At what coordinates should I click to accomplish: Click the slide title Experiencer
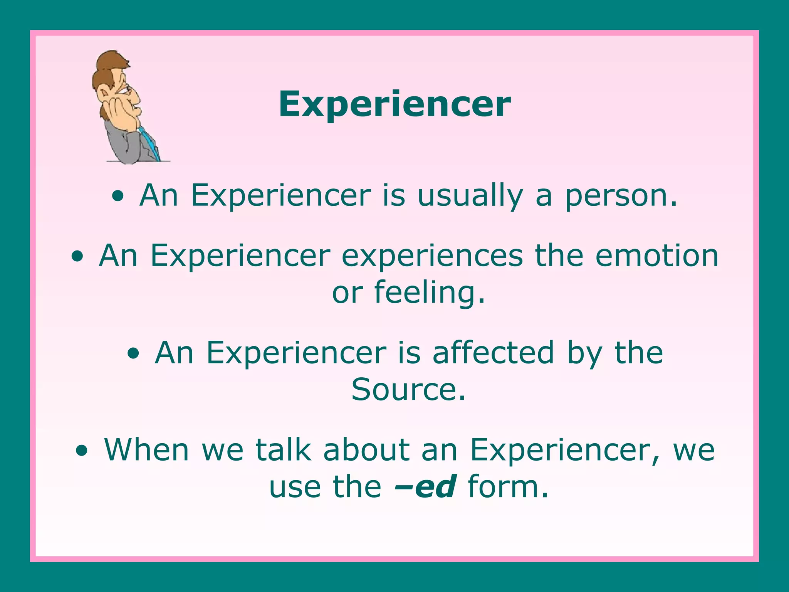[394, 104]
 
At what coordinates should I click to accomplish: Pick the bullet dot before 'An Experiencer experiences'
[77, 257]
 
